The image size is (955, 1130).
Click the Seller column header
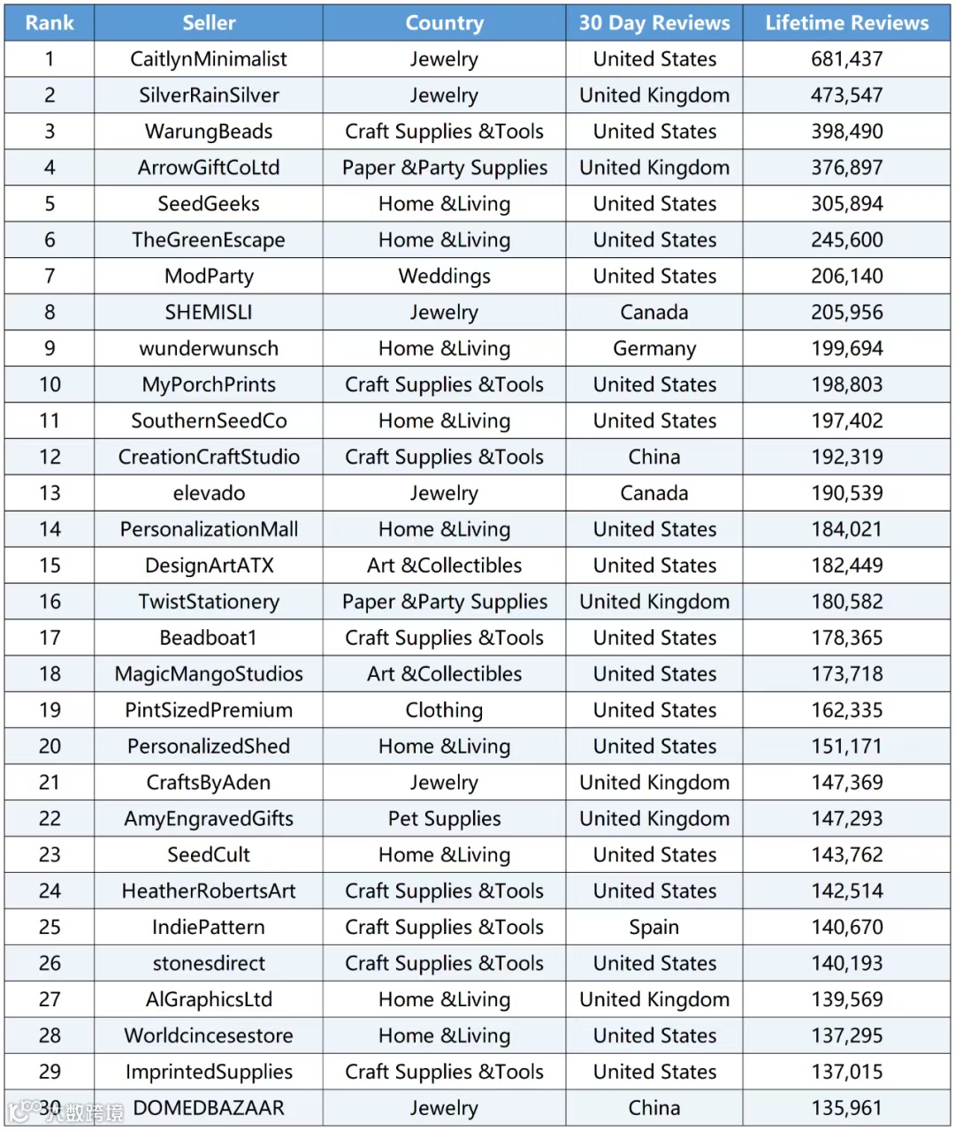(x=209, y=23)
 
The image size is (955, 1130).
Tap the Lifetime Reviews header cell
(x=846, y=23)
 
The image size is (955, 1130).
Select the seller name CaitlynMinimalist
(x=209, y=59)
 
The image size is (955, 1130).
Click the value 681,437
(x=846, y=59)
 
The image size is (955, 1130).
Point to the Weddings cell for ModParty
(x=444, y=277)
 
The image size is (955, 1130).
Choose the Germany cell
(x=654, y=349)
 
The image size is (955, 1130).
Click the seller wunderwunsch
(x=209, y=349)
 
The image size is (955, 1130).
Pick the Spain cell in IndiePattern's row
(x=654, y=928)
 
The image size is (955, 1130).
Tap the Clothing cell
(x=444, y=710)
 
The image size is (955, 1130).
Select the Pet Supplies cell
(x=444, y=819)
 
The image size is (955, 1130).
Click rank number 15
(x=50, y=565)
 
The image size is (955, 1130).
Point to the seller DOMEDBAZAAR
(x=209, y=1108)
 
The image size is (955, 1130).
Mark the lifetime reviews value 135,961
(x=846, y=1108)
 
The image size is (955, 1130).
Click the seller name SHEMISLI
(x=209, y=313)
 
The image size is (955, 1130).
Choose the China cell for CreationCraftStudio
(x=654, y=458)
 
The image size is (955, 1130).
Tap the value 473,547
(x=846, y=95)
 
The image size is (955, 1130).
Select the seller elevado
(x=209, y=494)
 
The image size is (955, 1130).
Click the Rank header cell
(x=50, y=23)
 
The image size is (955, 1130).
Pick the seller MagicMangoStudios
(x=209, y=674)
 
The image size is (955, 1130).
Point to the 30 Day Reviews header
(x=654, y=23)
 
